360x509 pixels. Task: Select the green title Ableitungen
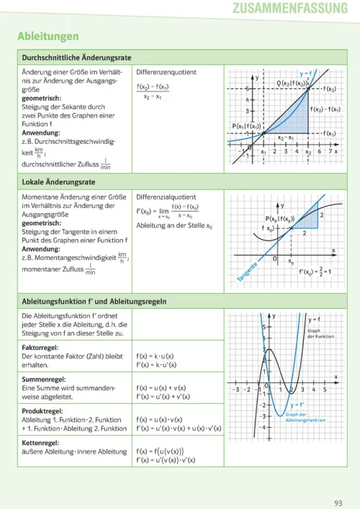pyautogui.click(x=48, y=36)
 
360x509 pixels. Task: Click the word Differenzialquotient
pyautogui.click(x=166, y=197)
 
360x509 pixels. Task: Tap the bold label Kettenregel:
pyautogui.click(x=45, y=442)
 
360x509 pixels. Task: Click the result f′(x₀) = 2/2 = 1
pyautogui.click(x=319, y=273)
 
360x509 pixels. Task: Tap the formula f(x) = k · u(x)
pyautogui.click(x=156, y=356)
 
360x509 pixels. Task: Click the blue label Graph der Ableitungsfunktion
pyautogui.click(x=305, y=417)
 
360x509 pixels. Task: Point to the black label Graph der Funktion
pyautogui.click(x=320, y=333)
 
